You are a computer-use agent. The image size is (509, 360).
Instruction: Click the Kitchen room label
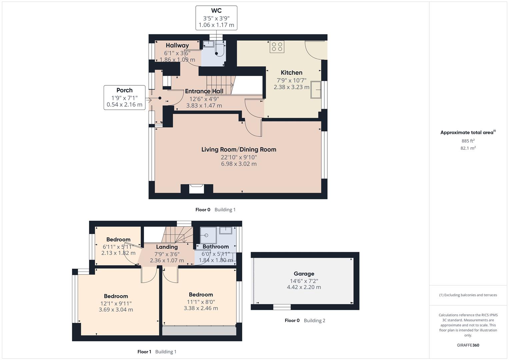(x=291, y=73)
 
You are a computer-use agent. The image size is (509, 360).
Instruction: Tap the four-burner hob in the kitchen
(x=277, y=47)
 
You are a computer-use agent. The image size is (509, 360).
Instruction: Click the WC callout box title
(x=216, y=11)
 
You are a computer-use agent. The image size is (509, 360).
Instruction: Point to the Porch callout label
(x=124, y=90)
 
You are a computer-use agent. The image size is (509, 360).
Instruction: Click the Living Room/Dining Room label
(x=239, y=150)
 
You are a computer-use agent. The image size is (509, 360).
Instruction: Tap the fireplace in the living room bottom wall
(x=196, y=189)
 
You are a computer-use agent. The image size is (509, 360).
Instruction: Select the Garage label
(x=304, y=274)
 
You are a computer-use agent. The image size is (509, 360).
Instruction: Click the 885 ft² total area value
(x=468, y=141)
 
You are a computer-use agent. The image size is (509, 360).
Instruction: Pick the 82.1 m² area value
(x=468, y=148)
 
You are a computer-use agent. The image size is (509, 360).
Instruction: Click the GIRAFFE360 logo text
(x=468, y=345)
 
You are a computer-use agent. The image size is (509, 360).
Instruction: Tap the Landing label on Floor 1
(x=167, y=247)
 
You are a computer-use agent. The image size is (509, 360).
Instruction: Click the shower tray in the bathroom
(x=208, y=235)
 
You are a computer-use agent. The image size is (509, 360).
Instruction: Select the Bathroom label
(x=216, y=247)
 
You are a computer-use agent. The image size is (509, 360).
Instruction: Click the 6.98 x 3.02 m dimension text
(x=239, y=164)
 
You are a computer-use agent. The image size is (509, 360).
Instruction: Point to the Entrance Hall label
(x=204, y=91)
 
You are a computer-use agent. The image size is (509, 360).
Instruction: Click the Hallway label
(x=177, y=45)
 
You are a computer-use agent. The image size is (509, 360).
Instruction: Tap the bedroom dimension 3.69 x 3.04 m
(x=116, y=310)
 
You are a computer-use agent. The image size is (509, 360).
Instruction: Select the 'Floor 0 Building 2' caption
(x=305, y=321)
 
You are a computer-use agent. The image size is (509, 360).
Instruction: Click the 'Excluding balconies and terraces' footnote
(x=468, y=295)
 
